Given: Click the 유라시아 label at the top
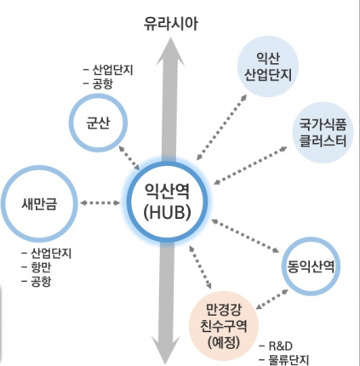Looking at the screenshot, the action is click(170, 24).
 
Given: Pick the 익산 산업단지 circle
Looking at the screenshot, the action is click(268, 66).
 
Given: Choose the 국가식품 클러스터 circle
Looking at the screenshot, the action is click(323, 133).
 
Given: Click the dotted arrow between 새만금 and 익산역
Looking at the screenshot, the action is click(100, 203).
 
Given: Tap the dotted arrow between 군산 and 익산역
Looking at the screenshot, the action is click(129, 157).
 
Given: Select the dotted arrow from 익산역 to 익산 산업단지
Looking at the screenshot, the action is click(221, 128).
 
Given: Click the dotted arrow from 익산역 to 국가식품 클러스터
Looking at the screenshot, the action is click(250, 165).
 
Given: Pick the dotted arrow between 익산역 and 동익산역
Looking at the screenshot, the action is click(245, 236).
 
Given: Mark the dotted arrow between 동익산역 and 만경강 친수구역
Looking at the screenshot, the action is click(272, 300).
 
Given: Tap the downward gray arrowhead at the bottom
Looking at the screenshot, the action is click(165, 350).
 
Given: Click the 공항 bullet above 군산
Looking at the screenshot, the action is click(98, 83).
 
